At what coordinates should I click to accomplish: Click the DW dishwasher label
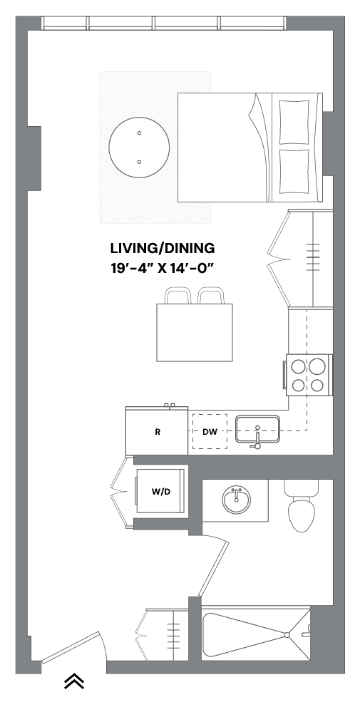pyautogui.click(x=210, y=432)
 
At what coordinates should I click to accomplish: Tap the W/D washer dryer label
pyautogui.click(x=161, y=492)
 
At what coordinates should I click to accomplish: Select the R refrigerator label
pyautogui.click(x=157, y=432)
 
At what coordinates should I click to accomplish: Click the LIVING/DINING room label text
pyautogui.click(x=163, y=249)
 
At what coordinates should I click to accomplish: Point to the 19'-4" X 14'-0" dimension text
pyautogui.click(x=163, y=269)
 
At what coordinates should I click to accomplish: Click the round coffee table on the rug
pyautogui.click(x=139, y=148)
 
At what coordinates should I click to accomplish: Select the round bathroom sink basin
pyautogui.click(x=235, y=500)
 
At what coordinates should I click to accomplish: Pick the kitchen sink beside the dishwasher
pyautogui.click(x=259, y=430)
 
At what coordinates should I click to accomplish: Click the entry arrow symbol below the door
pyautogui.click(x=74, y=682)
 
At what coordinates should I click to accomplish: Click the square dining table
pyautogui.click(x=195, y=333)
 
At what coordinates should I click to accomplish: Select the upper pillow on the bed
pyautogui.click(x=295, y=123)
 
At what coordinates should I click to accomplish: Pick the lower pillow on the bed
pyautogui.click(x=295, y=172)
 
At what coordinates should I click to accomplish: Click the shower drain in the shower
pyautogui.click(x=286, y=634)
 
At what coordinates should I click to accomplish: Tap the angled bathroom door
pyautogui.click(x=213, y=569)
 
